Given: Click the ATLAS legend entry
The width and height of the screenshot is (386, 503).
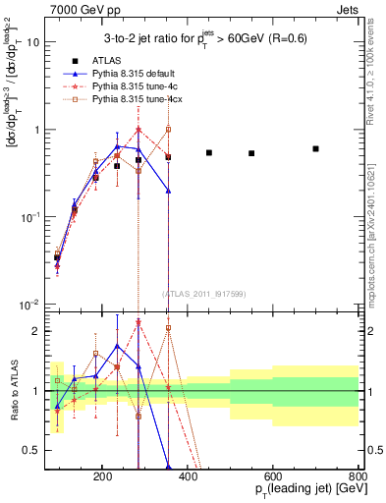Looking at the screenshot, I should pyautogui.click(x=102, y=60).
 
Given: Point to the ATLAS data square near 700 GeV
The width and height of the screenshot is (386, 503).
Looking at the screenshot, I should pyautogui.click(x=315, y=148).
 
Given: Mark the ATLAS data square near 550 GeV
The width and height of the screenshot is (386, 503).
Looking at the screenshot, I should pyautogui.click(x=251, y=153).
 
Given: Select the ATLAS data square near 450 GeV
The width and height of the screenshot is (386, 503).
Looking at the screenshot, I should pyautogui.click(x=209, y=152).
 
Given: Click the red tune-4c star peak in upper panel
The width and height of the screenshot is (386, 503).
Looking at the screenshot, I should pyautogui.click(x=138, y=129).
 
